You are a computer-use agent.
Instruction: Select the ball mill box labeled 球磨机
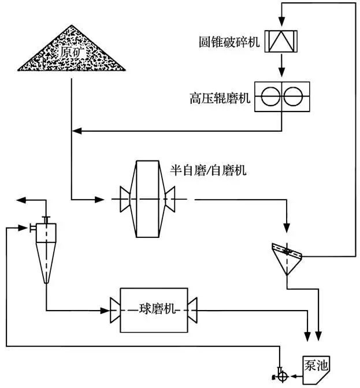click(154, 309)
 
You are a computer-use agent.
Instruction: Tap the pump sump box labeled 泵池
click(317, 364)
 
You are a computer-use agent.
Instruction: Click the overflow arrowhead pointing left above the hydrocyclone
click(21, 200)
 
